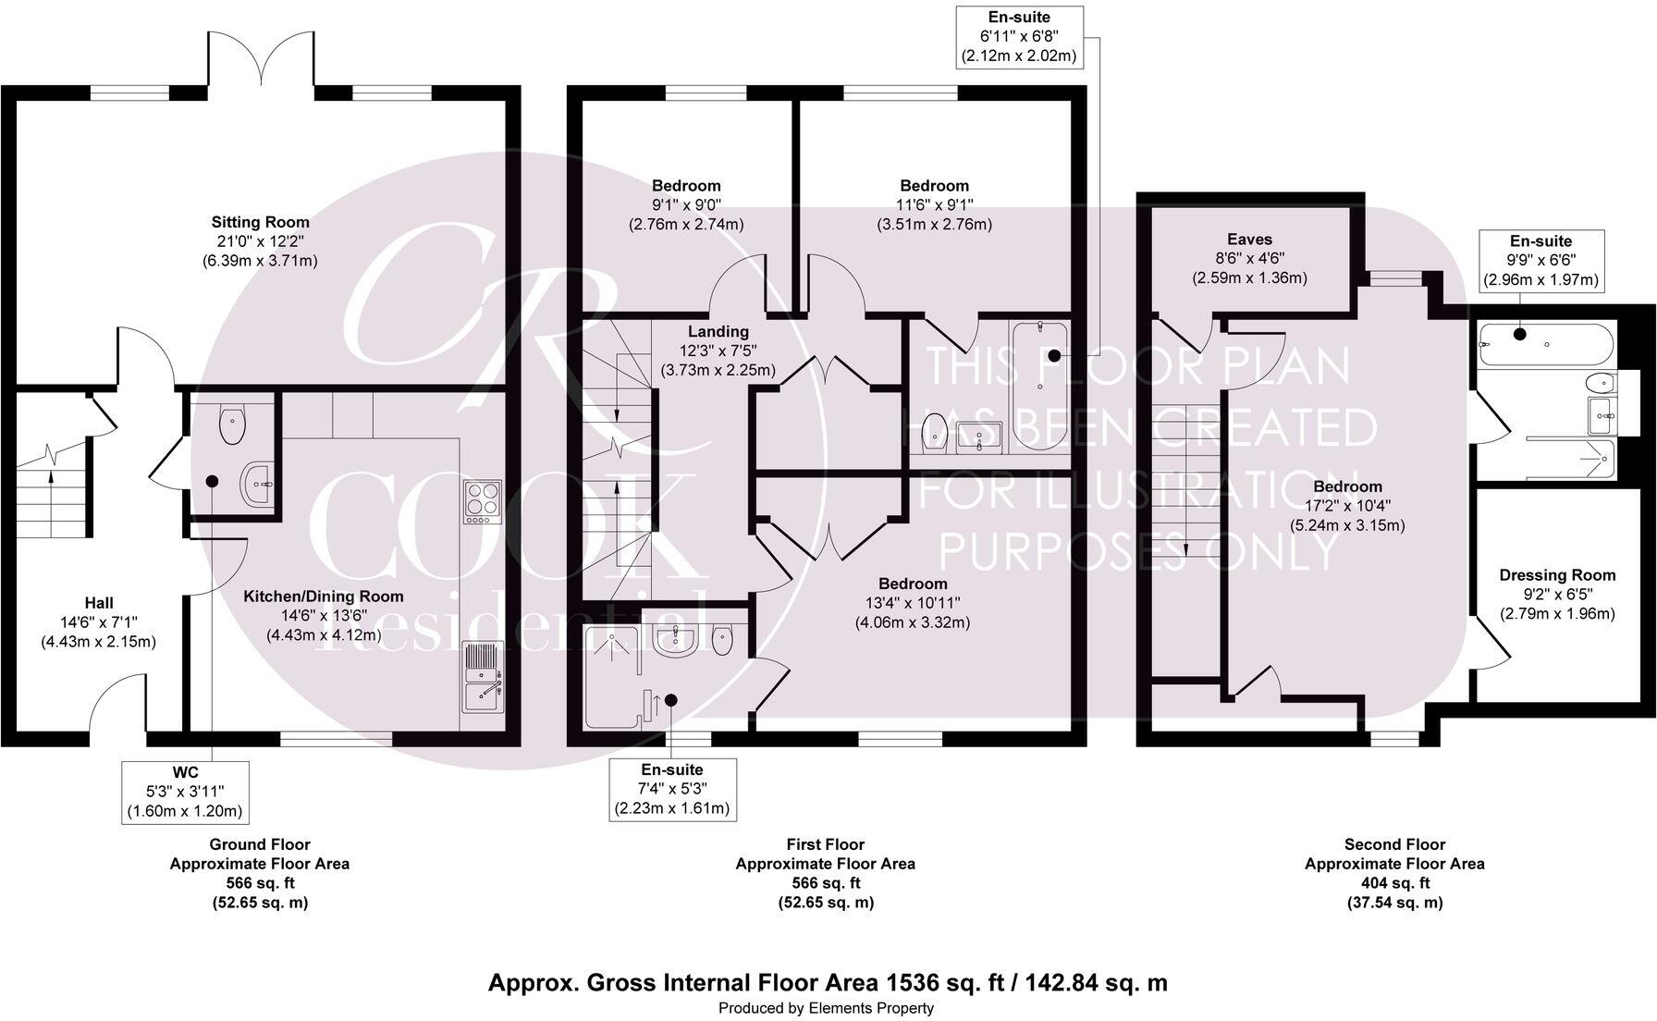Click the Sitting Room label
[x=260, y=241]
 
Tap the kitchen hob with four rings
[x=482, y=502]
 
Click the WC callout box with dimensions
[x=185, y=793]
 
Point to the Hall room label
[x=99, y=621]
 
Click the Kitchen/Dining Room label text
[x=324, y=615]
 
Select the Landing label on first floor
[x=718, y=351]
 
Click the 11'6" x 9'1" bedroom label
[x=934, y=204]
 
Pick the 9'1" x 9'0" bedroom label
[x=686, y=204]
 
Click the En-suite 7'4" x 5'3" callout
[x=672, y=789]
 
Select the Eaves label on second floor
[x=1249, y=258]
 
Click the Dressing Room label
[x=1557, y=594]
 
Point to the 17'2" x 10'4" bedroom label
[x=1348, y=506]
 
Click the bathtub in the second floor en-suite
[x=1545, y=344]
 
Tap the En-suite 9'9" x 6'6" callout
[x=1540, y=260]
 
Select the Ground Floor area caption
[x=259, y=872]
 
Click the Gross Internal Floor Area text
[x=828, y=982]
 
